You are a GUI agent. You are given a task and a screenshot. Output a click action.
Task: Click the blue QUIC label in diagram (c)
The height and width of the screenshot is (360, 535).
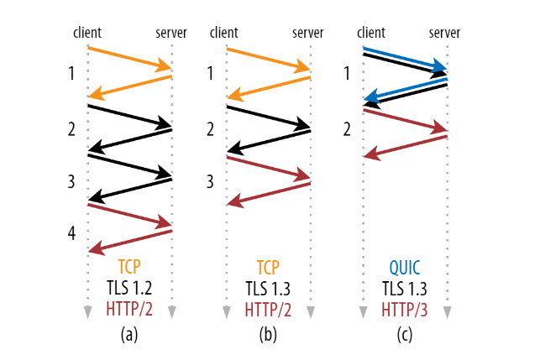point(405,268)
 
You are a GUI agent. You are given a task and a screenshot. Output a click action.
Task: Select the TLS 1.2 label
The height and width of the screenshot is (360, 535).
point(129,288)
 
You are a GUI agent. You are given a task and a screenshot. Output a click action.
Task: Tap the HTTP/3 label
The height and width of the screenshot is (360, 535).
point(404,310)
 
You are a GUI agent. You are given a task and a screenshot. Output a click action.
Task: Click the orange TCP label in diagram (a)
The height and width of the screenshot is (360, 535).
point(129,267)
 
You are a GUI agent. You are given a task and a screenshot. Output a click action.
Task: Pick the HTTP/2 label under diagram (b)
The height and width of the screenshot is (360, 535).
point(268,310)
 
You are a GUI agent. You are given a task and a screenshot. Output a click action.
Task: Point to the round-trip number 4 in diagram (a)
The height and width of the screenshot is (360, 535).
point(71,233)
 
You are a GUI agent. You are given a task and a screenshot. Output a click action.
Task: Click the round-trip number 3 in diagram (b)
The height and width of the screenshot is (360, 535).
point(210,181)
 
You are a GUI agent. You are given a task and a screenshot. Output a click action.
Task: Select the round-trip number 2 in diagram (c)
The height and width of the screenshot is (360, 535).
point(347,129)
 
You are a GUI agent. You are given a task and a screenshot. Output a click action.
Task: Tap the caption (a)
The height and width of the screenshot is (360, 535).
point(129,335)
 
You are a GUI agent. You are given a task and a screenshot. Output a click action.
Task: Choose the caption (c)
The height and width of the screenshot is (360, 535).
point(405,335)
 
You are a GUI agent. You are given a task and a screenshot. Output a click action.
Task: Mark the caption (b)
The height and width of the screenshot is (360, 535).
point(268,335)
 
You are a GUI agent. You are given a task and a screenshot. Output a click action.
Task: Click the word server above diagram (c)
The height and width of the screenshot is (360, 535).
point(444,33)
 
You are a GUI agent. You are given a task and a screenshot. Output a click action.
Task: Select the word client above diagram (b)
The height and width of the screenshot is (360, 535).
point(223,33)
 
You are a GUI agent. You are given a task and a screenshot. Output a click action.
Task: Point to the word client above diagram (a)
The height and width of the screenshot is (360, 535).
point(87,33)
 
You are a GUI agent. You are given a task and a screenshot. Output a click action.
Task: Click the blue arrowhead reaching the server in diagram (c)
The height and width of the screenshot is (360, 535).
point(439,65)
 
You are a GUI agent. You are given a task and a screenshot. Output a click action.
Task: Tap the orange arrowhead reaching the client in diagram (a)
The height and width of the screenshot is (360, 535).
point(97,94)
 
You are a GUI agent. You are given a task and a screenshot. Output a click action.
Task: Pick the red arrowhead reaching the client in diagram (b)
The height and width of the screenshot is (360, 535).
point(235,201)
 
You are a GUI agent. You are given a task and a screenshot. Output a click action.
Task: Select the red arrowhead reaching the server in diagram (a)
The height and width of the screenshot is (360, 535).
point(163,222)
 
